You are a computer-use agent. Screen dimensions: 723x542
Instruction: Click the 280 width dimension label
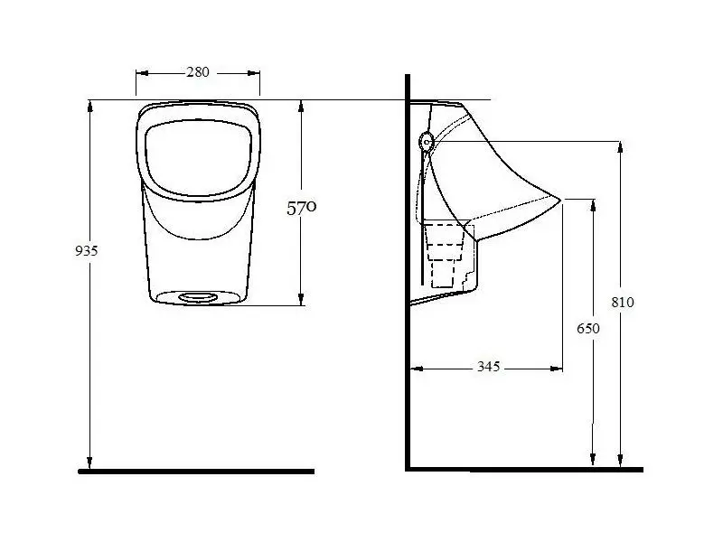[x=198, y=72]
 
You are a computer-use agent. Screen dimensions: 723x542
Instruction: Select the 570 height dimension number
[x=302, y=208]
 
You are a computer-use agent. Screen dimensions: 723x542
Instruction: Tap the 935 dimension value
[x=86, y=251]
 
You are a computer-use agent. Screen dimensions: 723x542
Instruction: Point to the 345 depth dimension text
[x=488, y=367]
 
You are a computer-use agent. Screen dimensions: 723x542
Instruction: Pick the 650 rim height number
[x=588, y=328]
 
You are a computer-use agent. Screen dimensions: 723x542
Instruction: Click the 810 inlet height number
[x=623, y=303]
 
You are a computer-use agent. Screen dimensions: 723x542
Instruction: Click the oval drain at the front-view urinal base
[x=198, y=298]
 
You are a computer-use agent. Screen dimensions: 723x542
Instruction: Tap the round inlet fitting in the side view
[x=427, y=142]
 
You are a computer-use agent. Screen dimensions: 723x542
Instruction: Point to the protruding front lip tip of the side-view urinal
[x=560, y=200]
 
